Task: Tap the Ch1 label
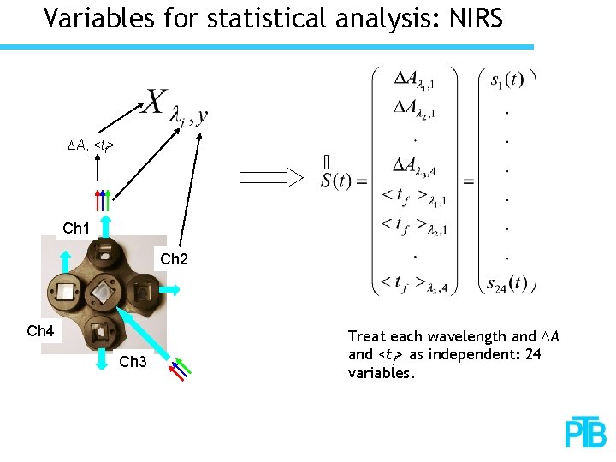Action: coord(77,228)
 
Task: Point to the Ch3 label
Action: coord(133,362)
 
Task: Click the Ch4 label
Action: coord(40,330)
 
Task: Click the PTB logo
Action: coord(585,433)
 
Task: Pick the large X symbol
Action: coord(155,102)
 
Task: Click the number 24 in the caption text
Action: coord(531,354)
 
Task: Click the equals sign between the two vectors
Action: coord(468,181)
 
